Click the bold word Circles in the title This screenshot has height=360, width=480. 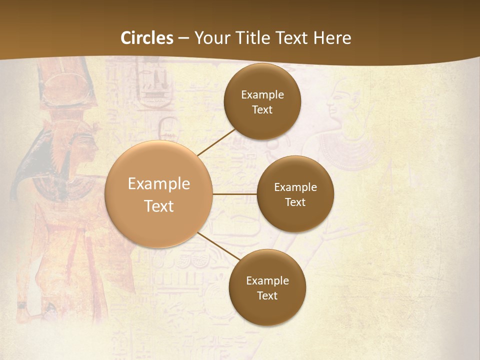[147, 38]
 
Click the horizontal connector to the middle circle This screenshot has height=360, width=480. [234, 194]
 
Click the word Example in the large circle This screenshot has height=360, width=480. [158, 184]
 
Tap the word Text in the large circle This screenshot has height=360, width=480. [158, 206]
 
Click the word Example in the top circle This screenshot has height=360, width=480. [262, 95]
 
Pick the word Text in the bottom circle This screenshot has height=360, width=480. [267, 295]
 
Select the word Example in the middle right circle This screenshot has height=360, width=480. [295, 187]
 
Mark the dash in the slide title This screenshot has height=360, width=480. [183, 38]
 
